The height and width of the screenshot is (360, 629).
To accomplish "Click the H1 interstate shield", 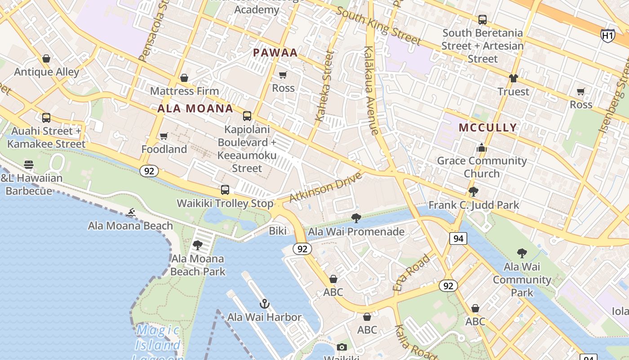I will click(607, 35).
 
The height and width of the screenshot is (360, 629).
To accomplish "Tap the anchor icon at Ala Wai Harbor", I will click(264, 304).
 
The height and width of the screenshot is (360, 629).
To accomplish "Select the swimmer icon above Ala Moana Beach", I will click(131, 212).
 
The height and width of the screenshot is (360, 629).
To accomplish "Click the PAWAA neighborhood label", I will click(275, 53).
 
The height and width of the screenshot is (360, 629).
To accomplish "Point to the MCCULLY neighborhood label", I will click(487, 127).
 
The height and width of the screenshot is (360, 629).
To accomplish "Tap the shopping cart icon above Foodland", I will click(164, 136).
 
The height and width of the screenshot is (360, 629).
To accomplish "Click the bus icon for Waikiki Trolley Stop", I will click(225, 190).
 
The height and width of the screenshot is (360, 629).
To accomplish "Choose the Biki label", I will click(278, 231).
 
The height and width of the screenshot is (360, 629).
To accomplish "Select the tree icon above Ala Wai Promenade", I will click(356, 219).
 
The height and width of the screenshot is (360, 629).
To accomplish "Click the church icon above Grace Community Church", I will click(482, 148).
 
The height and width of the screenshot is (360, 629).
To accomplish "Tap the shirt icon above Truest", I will click(514, 78).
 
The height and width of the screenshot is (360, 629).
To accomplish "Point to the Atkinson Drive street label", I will click(326, 187).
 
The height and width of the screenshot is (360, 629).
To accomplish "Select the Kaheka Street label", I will click(325, 85).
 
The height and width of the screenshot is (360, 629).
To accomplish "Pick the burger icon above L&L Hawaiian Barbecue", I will click(29, 165).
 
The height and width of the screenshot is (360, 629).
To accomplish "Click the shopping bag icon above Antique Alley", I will click(46, 58).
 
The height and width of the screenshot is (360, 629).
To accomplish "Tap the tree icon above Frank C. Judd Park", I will click(473, 192).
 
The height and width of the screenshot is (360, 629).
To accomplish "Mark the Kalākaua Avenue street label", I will click(371, 90).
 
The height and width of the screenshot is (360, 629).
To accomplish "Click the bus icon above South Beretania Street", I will click(482, 20).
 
